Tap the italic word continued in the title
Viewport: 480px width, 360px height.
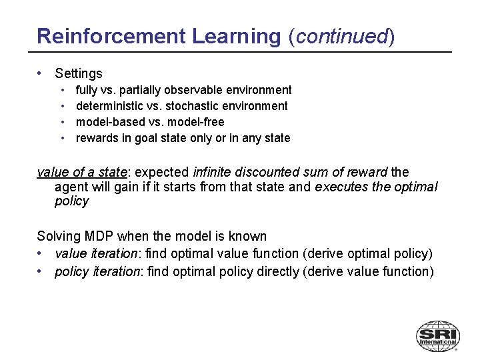click(341, 36)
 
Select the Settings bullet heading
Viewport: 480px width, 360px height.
click(79, 73)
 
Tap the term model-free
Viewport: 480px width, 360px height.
click(197, 122)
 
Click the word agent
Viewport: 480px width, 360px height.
click(71, 187)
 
